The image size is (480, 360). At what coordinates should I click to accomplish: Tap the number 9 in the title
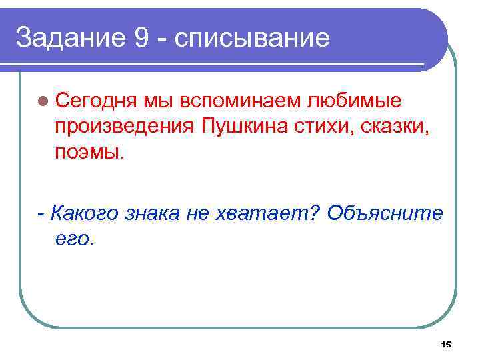click(141, 38)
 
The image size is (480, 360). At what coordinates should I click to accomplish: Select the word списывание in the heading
click(251, 38)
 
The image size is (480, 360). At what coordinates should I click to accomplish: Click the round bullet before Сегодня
click(43, 101)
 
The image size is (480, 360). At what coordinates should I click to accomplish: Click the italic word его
click(72, 237)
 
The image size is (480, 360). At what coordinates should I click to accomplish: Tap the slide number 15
click(446, 344)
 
